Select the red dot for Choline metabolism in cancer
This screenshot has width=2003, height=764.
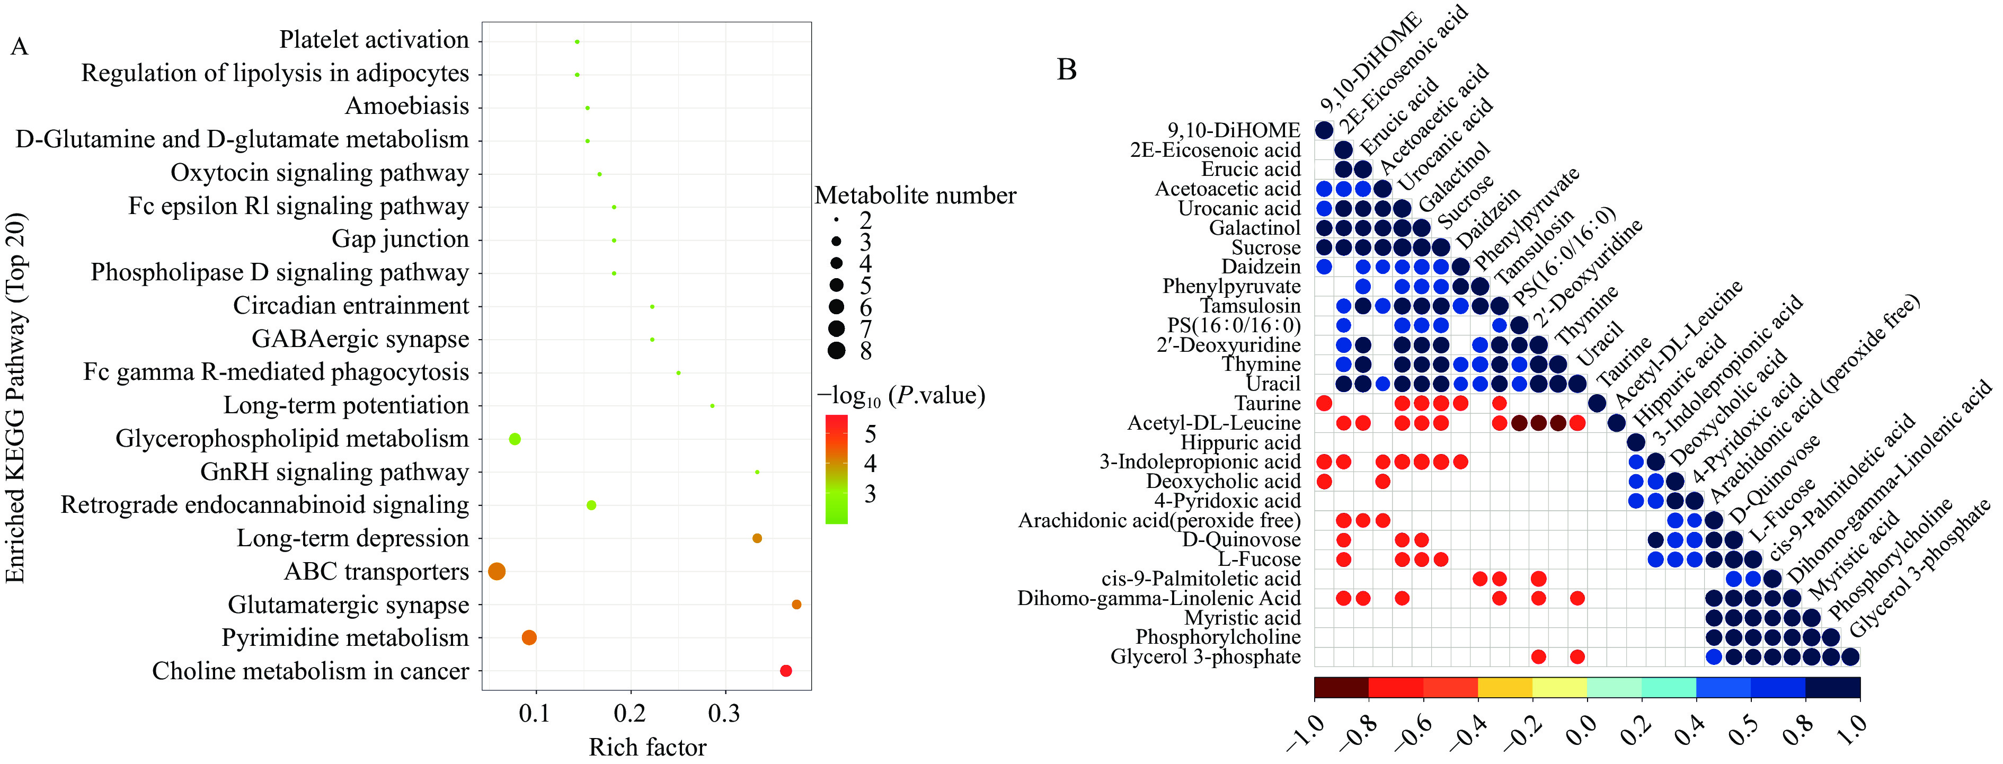click(785, 671)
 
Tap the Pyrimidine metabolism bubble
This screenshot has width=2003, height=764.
click(529, 638)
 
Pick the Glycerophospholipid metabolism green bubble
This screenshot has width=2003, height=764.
click(514, 439)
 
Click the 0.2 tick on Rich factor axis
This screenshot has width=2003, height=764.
click(631, 713)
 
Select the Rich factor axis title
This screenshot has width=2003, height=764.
click(647, 747)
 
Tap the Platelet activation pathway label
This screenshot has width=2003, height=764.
click(374, 40)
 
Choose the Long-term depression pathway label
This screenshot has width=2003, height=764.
click(353, 539)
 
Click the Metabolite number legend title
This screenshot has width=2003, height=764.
click(915, 195)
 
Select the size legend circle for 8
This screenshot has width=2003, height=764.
click(837, 351)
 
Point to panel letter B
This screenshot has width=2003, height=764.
click(1067, 70)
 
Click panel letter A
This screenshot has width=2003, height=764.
click(20, 47)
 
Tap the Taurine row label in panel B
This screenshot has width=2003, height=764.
click(1268, 403)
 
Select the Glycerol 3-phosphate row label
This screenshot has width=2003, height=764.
click(1205, 657)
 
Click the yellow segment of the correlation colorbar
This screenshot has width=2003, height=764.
click(1504, 687)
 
